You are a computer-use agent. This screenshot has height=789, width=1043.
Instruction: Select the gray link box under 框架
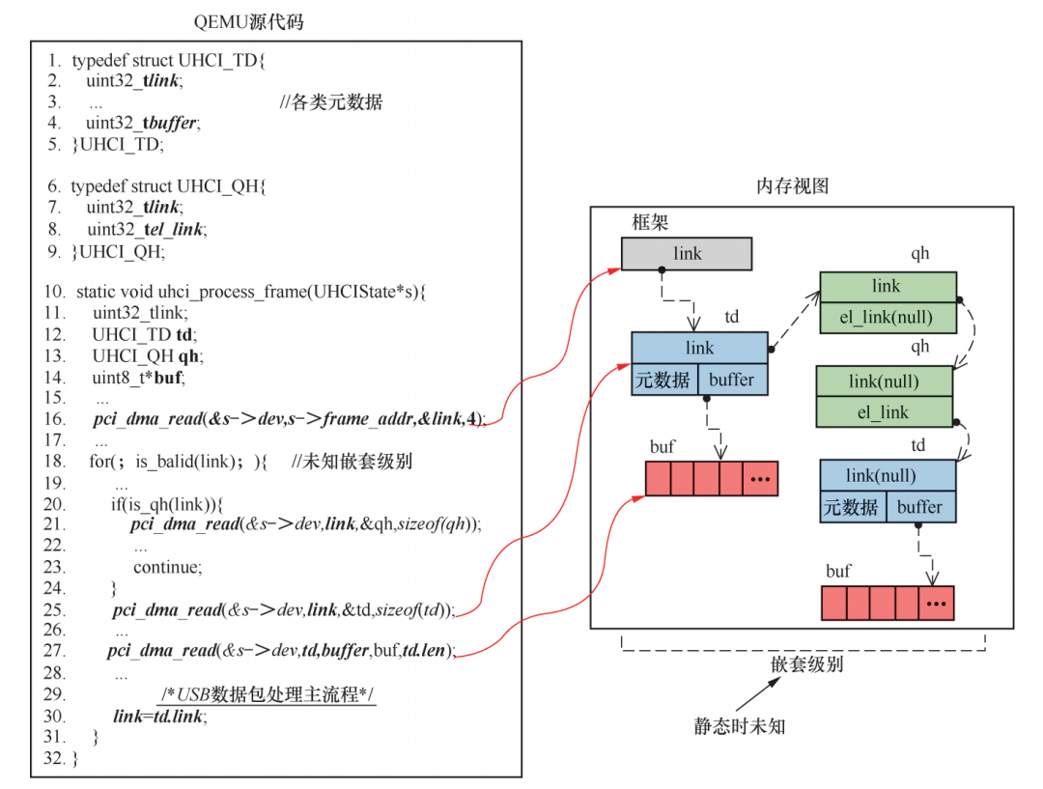click(687, 254)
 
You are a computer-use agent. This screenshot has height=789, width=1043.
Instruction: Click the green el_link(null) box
click(887, 318)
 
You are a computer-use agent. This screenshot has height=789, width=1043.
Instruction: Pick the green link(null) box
click(884, 381)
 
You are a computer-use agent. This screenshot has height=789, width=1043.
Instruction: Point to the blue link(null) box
click(888, 476)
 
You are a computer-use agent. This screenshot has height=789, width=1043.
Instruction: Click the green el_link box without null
click(884, 412)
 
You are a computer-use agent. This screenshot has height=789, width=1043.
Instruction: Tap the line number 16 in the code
click(55, 418)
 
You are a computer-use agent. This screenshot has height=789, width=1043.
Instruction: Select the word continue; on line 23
click(167, 567)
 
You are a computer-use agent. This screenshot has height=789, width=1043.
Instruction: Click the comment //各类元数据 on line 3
click(331, 102)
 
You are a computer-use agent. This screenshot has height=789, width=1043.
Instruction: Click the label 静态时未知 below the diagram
click(740, 726)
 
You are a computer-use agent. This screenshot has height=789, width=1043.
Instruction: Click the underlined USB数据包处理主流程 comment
click(268, 695)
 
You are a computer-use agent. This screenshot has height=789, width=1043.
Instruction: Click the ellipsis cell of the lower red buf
click(937, 604)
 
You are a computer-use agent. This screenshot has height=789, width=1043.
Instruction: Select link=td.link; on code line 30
click(159, 717)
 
